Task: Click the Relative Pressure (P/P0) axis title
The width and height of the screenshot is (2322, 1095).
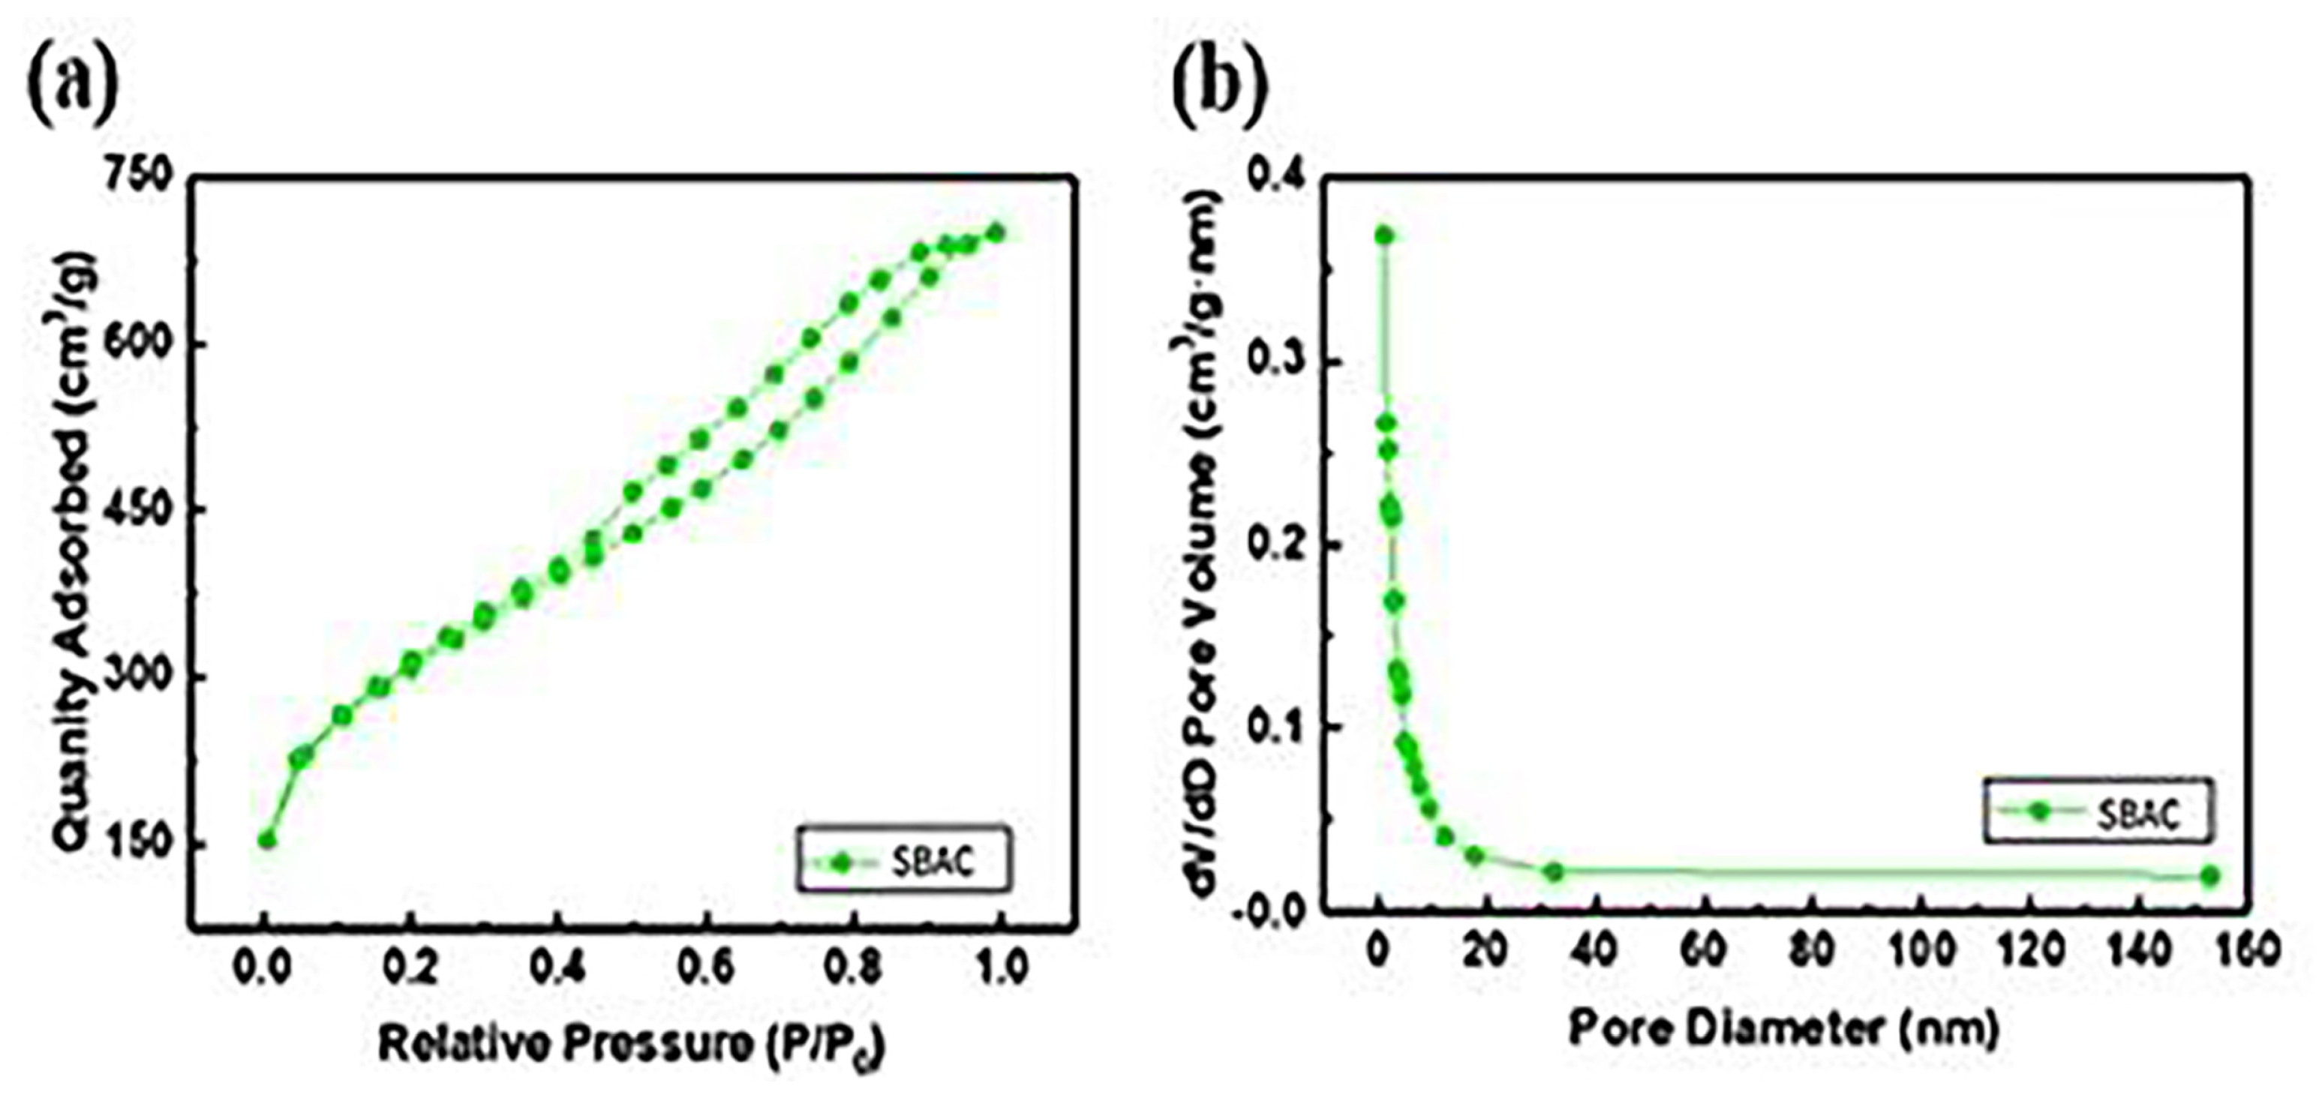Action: click(x=631, y=1045)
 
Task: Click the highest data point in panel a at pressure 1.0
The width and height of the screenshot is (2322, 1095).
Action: click(x=995, y=232)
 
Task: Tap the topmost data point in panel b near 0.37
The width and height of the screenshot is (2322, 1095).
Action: click(x=1383, y=236)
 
